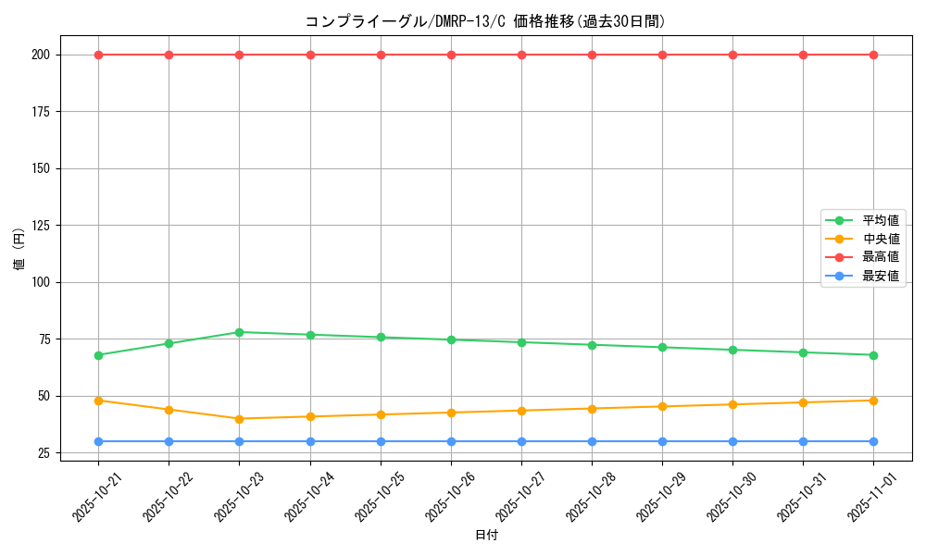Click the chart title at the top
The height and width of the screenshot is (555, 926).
click(485, 21)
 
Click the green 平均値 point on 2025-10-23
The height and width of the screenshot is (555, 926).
click(239, 332)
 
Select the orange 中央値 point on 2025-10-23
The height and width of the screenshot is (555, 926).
click(239, 419)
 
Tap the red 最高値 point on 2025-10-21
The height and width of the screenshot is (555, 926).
click(98, 55)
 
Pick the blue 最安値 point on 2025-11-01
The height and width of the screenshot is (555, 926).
click(873, 441)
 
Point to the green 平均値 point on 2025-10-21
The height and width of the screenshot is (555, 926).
click(98, 355)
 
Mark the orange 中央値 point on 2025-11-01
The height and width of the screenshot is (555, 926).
click(873, 401)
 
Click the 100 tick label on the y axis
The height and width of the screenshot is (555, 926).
click(44, 282)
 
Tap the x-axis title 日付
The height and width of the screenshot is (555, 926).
click(485, 536)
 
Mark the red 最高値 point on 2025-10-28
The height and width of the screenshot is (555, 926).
click(592, 55)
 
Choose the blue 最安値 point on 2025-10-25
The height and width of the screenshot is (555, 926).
click(381, 441)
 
